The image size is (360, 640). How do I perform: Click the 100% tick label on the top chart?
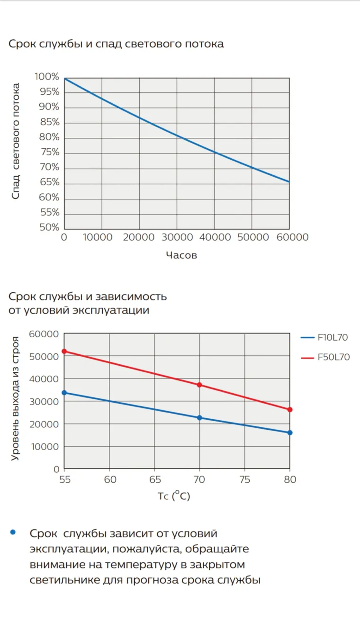(x=46, y=77)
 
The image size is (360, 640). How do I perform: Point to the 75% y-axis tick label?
(x=49, y=152)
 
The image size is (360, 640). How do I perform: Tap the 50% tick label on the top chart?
(x=49, y=227)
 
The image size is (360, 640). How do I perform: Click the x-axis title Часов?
(x=181, y=256)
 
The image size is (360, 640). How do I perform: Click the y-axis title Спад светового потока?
(x=16, y=141)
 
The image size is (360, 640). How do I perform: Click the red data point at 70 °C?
(x=199, y=385)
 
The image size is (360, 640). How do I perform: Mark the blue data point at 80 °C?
(x=290, y=433)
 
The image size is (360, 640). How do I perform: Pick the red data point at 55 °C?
(x=64, y=352)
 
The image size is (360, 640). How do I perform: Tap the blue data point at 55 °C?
(x=64, y=393)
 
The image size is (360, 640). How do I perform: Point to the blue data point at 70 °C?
(x=199, y=418)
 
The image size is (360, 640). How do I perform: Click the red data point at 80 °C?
(x=290, y=409)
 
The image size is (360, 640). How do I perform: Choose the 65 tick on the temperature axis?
(x=154, y=479)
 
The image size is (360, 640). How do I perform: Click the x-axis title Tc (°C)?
(x=174, y=496)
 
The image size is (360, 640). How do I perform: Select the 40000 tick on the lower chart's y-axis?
(x=44, y=379)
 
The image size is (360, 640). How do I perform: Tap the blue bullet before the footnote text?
(x=13, y=532)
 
